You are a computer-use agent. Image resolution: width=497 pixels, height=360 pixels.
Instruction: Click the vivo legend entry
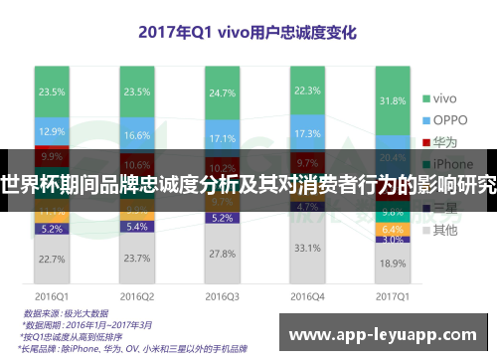coord(437,97)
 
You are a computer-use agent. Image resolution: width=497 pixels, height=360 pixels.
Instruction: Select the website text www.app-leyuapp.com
coord(388,335)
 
